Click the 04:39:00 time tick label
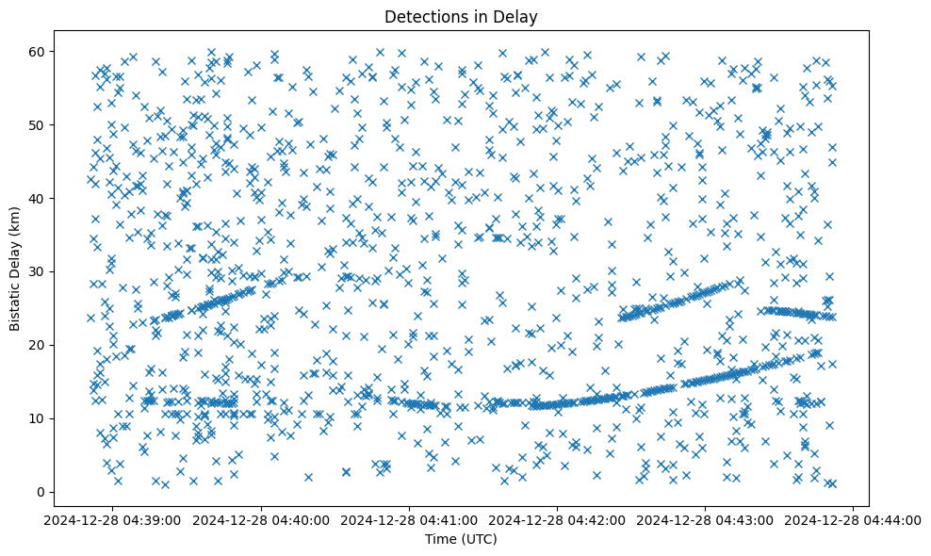[x=114, y=519]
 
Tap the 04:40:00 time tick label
[x=262, y=519]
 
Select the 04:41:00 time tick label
[x=410, y=519]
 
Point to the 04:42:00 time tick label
[x=558, y=519]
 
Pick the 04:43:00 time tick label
[x=706, y=519]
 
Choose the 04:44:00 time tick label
[x=854, y=519]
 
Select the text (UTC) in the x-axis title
[x=482, y=539]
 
